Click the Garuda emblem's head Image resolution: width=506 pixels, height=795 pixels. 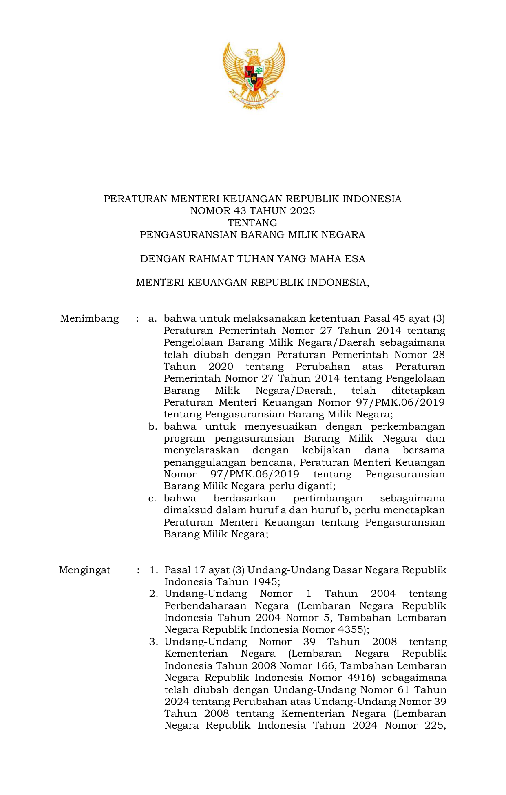click(x=252, y=53)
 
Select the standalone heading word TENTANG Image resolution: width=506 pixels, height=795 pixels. click(x=252, y=223)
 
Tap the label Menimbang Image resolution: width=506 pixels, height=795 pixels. click(x=89, y=318)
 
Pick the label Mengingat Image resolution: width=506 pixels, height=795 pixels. click(x=84, y=570)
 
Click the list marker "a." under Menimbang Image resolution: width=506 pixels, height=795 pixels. click(x=152, y=318)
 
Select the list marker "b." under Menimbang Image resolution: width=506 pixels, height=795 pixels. click(x=153, y=427)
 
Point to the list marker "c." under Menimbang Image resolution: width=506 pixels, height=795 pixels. click(x=152, y=498)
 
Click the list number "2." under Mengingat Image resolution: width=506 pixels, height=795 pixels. click(x=153, y=594)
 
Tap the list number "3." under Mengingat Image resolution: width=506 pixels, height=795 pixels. click(x=153, y=642)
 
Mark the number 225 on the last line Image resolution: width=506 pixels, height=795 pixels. click(x=434, y=726)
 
